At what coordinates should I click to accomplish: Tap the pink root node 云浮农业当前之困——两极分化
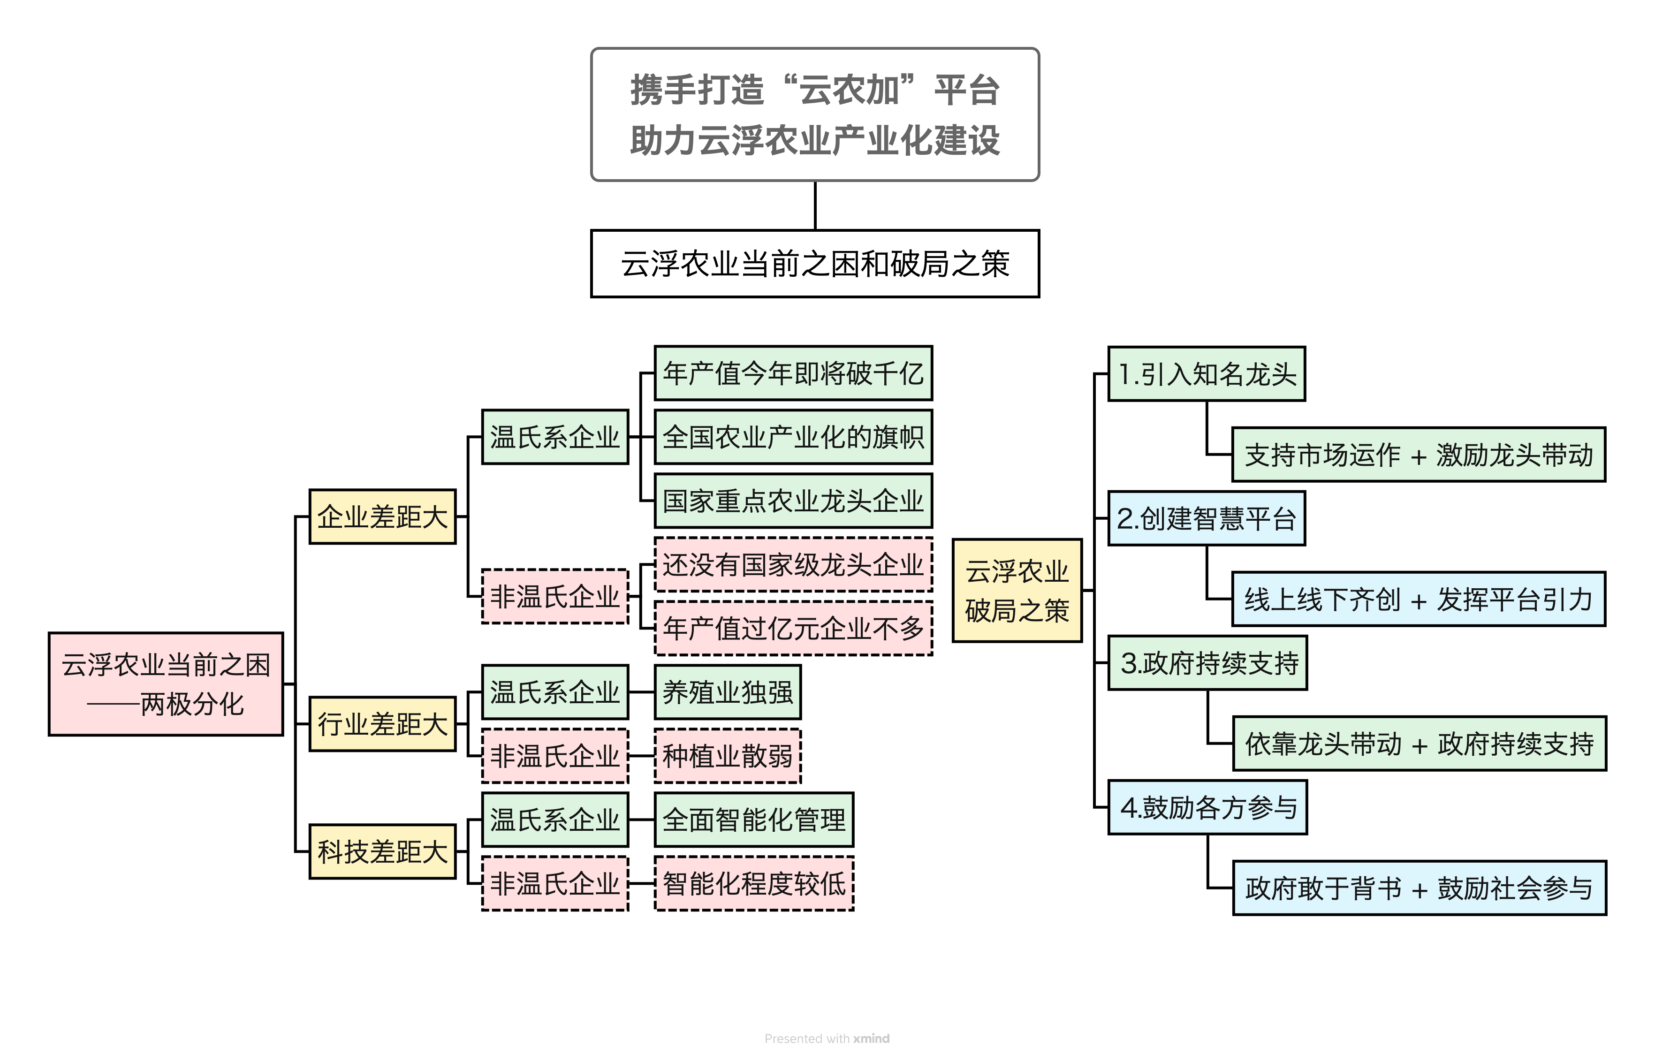[166, 684]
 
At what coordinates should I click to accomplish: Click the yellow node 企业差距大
[382, 516]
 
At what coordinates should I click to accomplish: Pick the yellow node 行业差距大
[382, 724]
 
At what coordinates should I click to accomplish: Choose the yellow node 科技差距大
[382, 851]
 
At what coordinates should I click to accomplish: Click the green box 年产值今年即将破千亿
[793, 373]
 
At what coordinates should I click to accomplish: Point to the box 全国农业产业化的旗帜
[793, 437]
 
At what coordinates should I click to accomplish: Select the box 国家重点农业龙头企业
[793, 501]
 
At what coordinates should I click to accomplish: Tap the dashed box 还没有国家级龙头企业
[793, 565]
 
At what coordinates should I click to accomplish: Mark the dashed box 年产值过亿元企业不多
[793, 628]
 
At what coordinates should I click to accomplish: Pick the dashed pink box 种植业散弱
[728, 756]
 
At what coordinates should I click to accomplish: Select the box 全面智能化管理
[754, 820]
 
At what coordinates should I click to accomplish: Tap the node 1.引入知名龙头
[1207, 373]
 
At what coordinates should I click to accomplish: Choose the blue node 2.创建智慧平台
[1207, 518]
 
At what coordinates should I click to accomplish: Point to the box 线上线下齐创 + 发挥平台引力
[1419, 599]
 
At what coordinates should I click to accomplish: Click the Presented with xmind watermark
[827, 1038]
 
